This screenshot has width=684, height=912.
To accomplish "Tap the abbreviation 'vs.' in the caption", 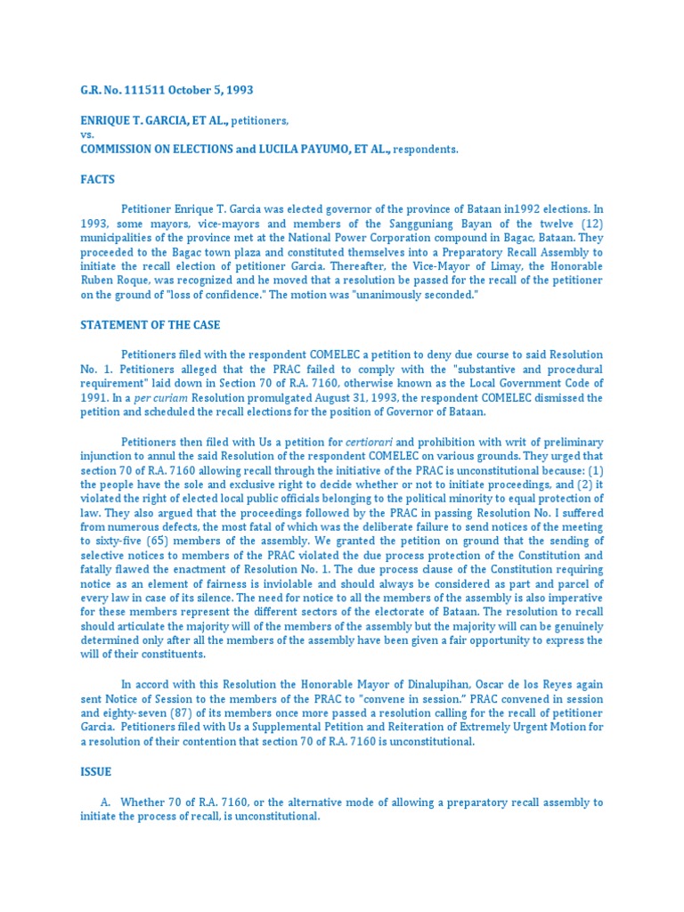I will tap(86, 134).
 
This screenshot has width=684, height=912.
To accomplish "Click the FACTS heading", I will tap(97, 179).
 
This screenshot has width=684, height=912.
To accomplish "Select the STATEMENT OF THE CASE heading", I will tap(151, 325).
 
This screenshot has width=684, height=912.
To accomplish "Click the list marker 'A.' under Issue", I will tap(105, 802).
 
